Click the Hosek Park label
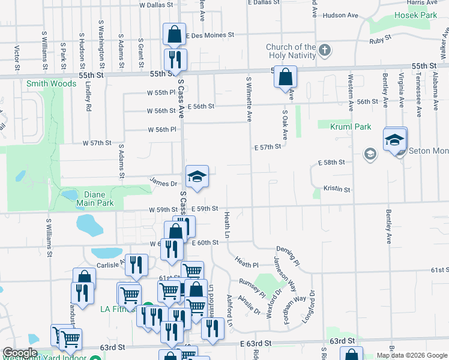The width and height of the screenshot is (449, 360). (414, 14)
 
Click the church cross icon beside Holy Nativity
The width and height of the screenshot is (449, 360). (325, 49)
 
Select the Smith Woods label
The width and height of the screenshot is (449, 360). (51, 83)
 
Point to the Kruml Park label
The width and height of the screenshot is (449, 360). (351, 127)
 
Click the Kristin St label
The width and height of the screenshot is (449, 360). (337, 188)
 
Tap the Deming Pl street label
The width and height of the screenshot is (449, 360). (288, 254)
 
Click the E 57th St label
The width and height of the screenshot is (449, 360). (268, 147)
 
